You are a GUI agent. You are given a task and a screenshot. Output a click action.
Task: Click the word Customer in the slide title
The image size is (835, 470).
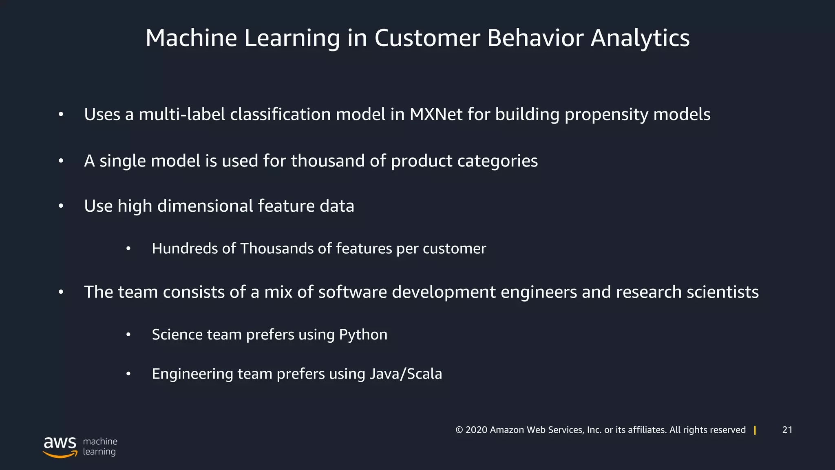[x=427, y=38]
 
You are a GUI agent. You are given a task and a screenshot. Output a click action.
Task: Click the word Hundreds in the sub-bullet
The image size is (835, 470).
[x=185, y=248]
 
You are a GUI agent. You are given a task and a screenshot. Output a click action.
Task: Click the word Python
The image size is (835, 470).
[x=363, y=335]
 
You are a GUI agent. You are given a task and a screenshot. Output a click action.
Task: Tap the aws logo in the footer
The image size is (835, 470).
[x=60, y=447]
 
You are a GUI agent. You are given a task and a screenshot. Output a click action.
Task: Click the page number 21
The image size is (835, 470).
[x=787, y=430]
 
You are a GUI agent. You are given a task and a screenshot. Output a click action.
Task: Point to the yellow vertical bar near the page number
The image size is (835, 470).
[x=755, y=430]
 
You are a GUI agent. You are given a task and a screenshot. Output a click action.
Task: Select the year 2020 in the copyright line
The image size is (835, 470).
[x=476, y=430]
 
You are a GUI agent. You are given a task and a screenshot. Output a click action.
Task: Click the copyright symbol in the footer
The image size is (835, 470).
[x=459, y=430]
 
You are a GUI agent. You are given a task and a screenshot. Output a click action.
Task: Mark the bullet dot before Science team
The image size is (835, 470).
[x=128, y=335]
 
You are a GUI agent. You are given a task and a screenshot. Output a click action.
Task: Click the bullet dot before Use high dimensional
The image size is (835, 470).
[x=61, y=206]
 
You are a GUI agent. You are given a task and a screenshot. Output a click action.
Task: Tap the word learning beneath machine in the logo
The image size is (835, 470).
[x=99, y=452]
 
